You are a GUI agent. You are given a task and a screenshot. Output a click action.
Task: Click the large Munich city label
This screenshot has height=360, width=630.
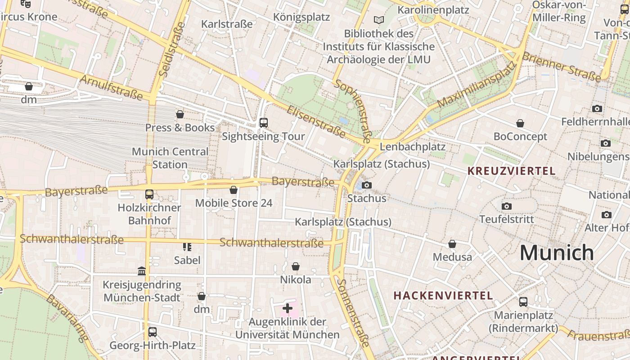(557, 253)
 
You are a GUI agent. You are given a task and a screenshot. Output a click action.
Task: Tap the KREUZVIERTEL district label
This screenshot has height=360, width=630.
(511, 171)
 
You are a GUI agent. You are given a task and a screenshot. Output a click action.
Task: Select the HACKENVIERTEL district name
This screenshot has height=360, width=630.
(443, 296)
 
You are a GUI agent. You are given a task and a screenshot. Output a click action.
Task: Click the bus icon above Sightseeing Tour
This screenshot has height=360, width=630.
(264, 123)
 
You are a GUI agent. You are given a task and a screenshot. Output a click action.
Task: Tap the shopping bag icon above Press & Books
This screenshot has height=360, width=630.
(180, 115)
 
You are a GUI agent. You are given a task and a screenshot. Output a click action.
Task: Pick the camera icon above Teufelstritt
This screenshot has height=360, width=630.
(507, 206)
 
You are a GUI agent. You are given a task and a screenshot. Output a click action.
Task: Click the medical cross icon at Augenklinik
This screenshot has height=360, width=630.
(288, 308)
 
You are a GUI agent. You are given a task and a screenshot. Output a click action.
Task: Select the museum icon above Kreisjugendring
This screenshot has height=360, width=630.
(142, 271)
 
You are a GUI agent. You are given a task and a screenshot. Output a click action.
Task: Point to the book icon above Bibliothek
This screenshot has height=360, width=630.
(379, 20)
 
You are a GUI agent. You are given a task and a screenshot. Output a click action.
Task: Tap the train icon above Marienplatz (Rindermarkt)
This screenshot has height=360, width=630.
(523, 301)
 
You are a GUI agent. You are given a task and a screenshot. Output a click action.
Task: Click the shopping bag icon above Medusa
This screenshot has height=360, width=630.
(452, 244)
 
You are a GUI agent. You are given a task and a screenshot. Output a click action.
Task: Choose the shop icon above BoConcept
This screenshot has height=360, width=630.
(520, 123)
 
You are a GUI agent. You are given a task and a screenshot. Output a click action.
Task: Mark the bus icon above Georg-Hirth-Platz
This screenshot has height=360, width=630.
(153, 332)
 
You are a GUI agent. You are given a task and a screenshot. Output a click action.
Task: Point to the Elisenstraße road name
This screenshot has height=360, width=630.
(316, 121)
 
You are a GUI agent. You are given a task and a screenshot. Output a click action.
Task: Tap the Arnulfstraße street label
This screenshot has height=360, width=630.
(111, 87)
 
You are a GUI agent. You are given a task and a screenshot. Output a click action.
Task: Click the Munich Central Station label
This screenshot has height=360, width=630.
(170, 158)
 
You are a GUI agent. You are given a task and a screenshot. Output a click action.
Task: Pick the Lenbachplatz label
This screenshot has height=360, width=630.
(413, 147)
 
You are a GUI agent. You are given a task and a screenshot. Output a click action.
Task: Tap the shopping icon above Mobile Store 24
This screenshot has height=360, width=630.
(234, 190)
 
